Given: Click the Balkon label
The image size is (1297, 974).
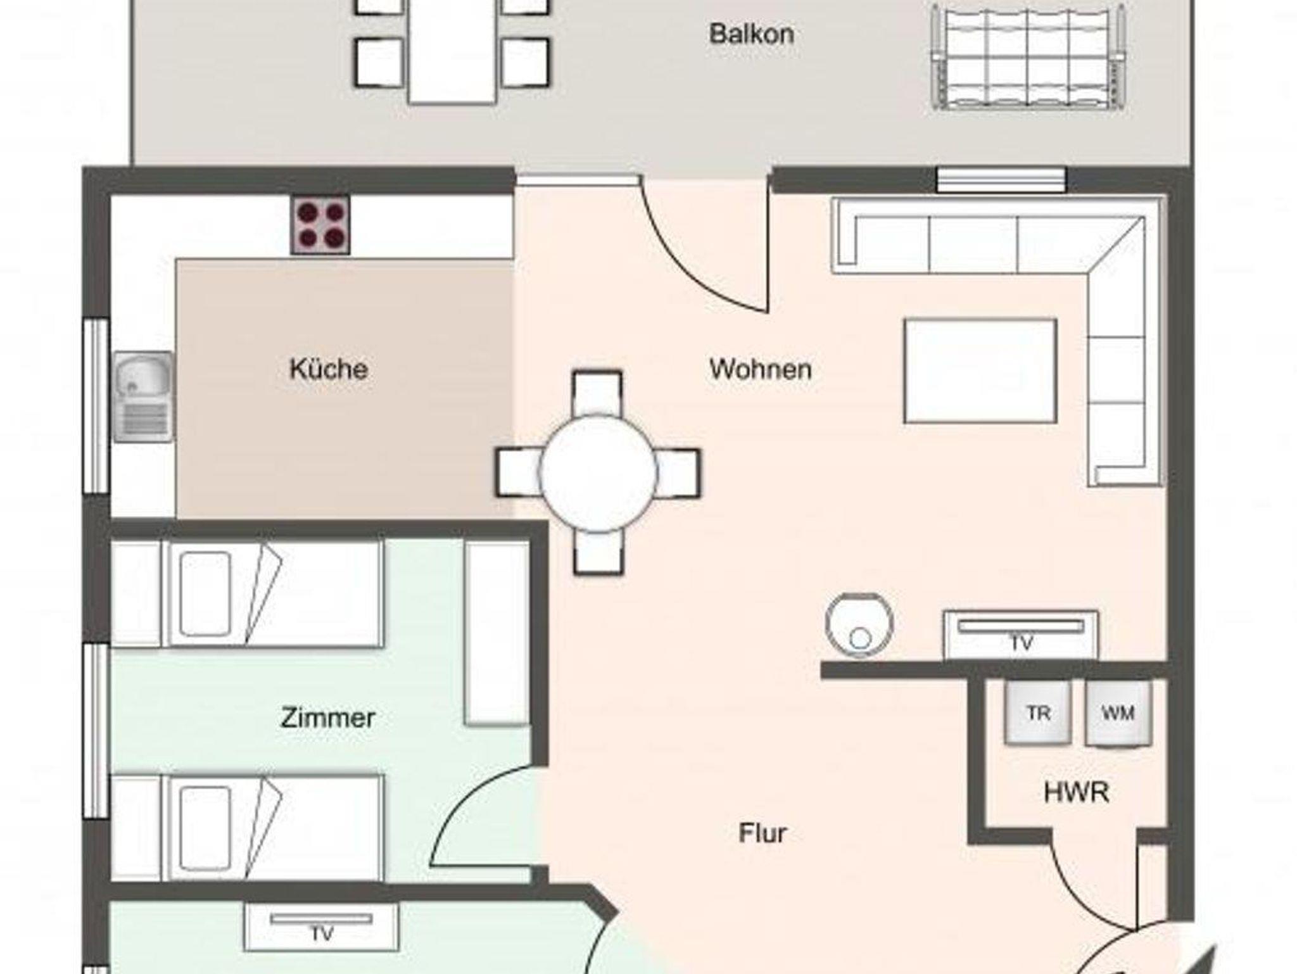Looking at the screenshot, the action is tap(751, 34).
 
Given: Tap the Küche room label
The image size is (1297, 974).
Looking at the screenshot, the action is tap(329, 369).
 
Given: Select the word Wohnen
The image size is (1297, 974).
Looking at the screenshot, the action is tap(761, 369).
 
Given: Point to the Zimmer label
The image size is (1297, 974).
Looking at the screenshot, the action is tap(328, 718).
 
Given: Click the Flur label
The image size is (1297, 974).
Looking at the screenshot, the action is tap(762, 833).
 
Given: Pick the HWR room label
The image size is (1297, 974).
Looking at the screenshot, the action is tap(1076, 792).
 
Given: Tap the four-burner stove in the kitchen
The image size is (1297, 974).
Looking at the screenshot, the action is tap(320, 225).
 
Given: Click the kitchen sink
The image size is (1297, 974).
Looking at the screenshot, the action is tap(144, 396).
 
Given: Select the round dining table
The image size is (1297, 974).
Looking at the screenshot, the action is tap(598, 473).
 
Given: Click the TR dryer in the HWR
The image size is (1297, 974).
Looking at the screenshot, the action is tap(1038, 713).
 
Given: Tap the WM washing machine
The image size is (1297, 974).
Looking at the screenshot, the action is tap(1118, 713).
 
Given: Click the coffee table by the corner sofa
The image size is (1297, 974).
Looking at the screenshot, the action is tap(980, 370).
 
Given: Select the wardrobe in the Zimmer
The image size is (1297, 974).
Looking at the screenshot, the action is tap(497, 633).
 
